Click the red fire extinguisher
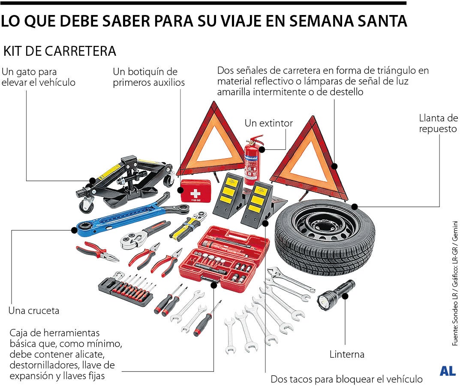coord(253,161)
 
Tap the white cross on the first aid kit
coord(195,194)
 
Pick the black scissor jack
coord(124,180)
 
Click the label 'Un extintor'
coord(268,123)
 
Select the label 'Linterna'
coord(347,354)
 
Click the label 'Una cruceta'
coord(34,311)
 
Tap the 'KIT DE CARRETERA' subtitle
coord(60,51)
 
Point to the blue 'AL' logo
coord(448,371)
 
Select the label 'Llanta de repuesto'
coord(438,123)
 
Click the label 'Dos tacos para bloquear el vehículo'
coord(346,379)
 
